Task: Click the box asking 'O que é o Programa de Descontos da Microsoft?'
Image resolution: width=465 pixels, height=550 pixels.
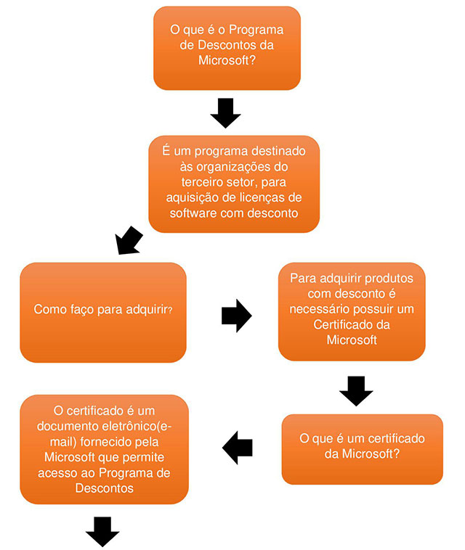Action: tap(227, 48)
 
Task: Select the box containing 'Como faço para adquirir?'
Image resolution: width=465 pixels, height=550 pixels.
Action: tap(102, 312)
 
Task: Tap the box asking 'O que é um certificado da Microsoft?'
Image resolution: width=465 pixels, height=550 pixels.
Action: tap(362, 448)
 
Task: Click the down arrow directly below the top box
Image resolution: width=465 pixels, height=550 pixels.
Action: tap(225, 112)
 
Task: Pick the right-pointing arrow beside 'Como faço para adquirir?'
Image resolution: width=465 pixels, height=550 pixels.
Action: tap(235, 316)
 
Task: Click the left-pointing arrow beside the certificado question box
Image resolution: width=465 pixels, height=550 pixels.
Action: tap(237, 447)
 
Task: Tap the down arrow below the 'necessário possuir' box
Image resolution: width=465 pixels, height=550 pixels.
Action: tap(356, 390)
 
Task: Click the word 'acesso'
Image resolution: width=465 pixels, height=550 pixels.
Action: tap(62, 473)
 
